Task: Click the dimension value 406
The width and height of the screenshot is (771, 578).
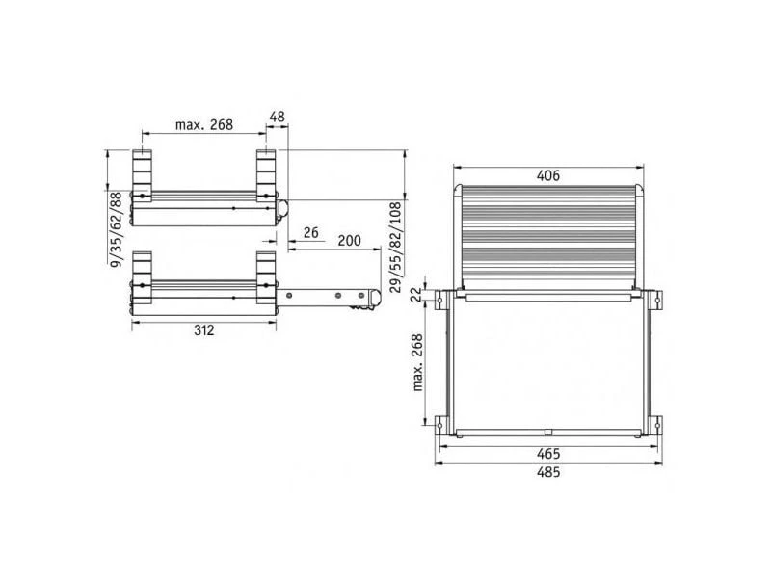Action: pos(548,175)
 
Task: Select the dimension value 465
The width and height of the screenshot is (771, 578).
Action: pos(548,453)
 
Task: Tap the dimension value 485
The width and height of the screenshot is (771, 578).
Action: pos(548,472)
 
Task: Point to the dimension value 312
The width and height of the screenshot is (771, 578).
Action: pos(203,330)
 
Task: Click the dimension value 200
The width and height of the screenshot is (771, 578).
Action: pos(349,240)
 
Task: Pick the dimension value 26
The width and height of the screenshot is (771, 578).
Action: pos(310,232)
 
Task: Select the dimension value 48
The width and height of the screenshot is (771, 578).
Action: pos(277,117)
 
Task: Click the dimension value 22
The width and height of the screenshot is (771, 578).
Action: pos(416,295)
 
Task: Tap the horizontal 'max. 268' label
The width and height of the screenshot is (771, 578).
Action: pos(204,125)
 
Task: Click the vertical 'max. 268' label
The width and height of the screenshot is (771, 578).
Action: pos(417,362)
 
